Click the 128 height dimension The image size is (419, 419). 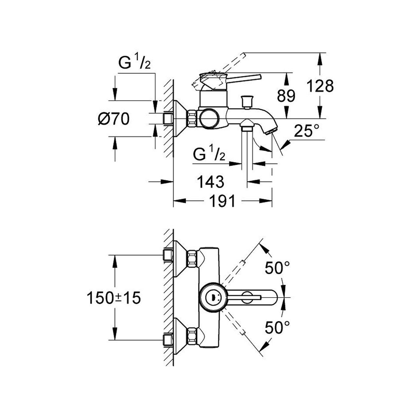[x=320, y=86]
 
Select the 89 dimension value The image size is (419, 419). [x=286, y=96]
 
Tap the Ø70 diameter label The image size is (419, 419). [x=113, y=119]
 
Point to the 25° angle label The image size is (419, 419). [x=306, y=131]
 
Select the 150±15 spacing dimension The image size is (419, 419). [x=114, y=298]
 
